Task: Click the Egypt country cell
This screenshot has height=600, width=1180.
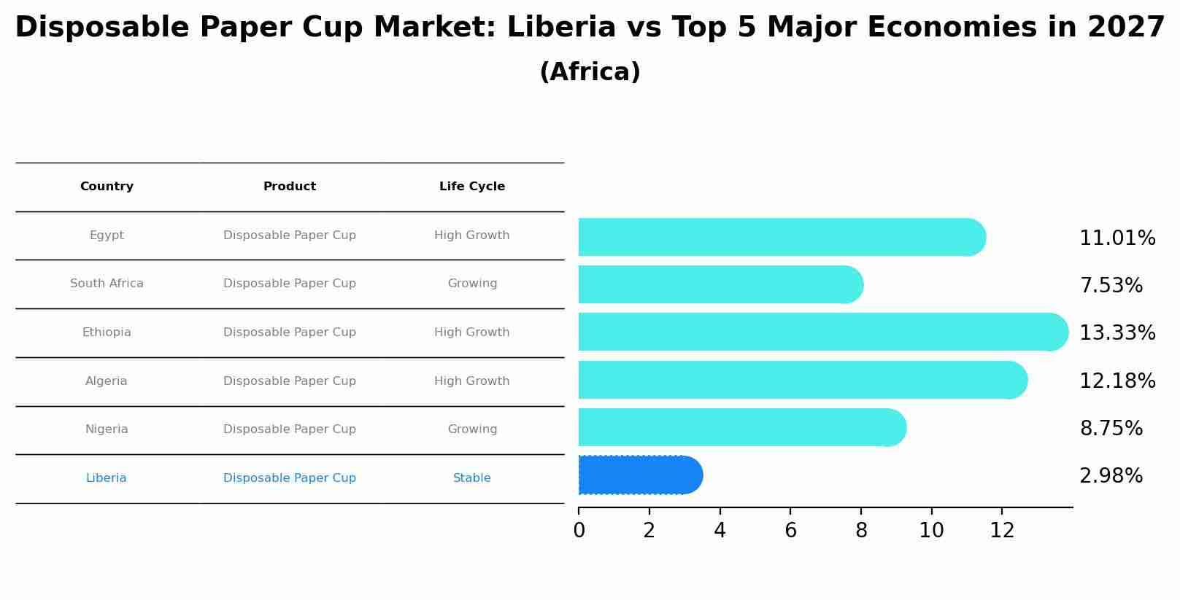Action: pos(107,235)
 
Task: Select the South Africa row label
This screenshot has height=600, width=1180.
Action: pos(107,284)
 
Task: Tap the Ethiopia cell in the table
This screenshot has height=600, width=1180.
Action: pos(107,332)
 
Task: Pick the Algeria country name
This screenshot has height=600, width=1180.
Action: pos(107,381)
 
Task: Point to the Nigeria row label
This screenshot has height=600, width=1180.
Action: pos(107,429)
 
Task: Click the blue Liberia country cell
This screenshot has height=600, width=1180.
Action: pos(107,478)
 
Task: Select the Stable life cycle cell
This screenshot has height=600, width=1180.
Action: pos(472,478)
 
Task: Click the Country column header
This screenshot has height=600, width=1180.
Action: pos(107,187)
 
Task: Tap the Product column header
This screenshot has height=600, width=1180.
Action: pos(290,187)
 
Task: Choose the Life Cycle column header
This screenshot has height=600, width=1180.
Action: pos(472,187)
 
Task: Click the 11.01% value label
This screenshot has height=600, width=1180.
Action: pos(1117,238)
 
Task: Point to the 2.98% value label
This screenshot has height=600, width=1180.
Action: pos(1111,476)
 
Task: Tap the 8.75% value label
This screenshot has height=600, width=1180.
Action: pos(1111,429)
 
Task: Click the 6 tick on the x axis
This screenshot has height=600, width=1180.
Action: pos(790,531)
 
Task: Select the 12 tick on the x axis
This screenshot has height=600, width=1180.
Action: pos(1002,531)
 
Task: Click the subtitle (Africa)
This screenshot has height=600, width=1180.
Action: pos(590,72)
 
